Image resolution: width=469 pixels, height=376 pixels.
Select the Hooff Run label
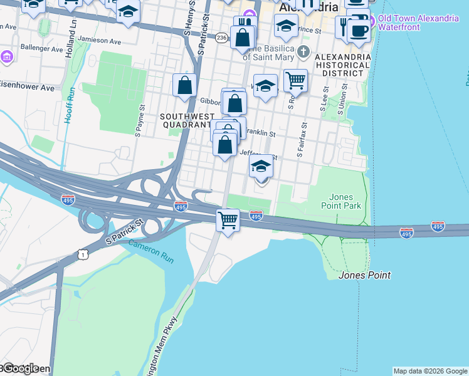[x=70, y=104]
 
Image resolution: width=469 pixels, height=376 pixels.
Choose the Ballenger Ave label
[x=42, y=47]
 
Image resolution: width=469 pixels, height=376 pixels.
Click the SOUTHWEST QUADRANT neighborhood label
[x=187, y=120]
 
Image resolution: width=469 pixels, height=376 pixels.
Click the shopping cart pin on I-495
[x=228, y=220]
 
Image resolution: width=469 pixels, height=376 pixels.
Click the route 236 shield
[x=221, y=38]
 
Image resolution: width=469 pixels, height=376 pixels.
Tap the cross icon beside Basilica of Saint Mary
[x=303, y=51]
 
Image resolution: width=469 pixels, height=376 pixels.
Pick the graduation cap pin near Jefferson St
[x=261, y=167]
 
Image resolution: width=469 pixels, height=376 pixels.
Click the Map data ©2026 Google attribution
[x=430, y=371]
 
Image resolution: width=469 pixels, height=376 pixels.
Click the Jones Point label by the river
[x=364, y=275]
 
